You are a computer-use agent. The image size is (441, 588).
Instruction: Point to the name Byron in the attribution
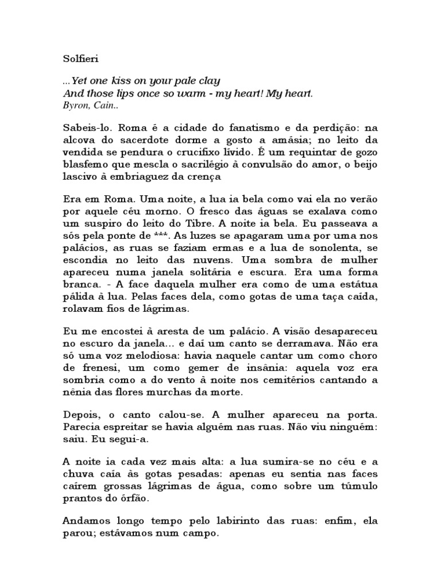[x=74, y=106]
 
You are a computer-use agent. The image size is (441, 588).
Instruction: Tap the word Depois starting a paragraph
[x=80, y=413]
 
